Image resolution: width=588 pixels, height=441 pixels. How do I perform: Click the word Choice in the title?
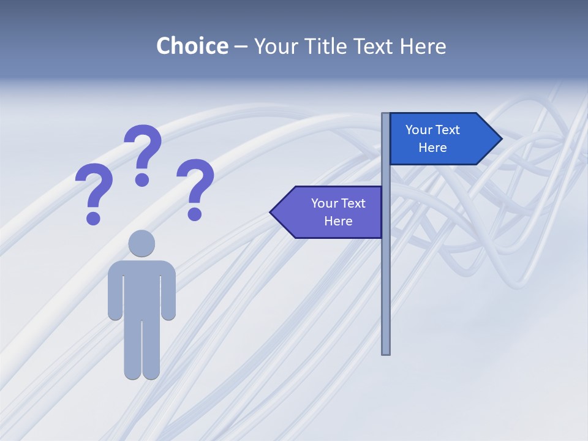[x=192, y=46]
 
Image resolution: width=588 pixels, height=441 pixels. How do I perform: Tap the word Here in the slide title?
[x=423, y=46]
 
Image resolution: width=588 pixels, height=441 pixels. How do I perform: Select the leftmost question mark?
[x=94, y=187]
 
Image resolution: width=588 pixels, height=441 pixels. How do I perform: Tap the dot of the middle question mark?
[x=142, y=179]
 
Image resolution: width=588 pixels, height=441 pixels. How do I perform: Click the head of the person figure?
[x=141, y=243]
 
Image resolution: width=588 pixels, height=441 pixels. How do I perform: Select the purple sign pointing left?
[x=331, y=212]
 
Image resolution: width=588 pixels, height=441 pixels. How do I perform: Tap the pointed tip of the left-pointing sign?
[x=272, y=212]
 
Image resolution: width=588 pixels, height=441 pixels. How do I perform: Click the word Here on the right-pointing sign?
[x=432, y=148]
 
